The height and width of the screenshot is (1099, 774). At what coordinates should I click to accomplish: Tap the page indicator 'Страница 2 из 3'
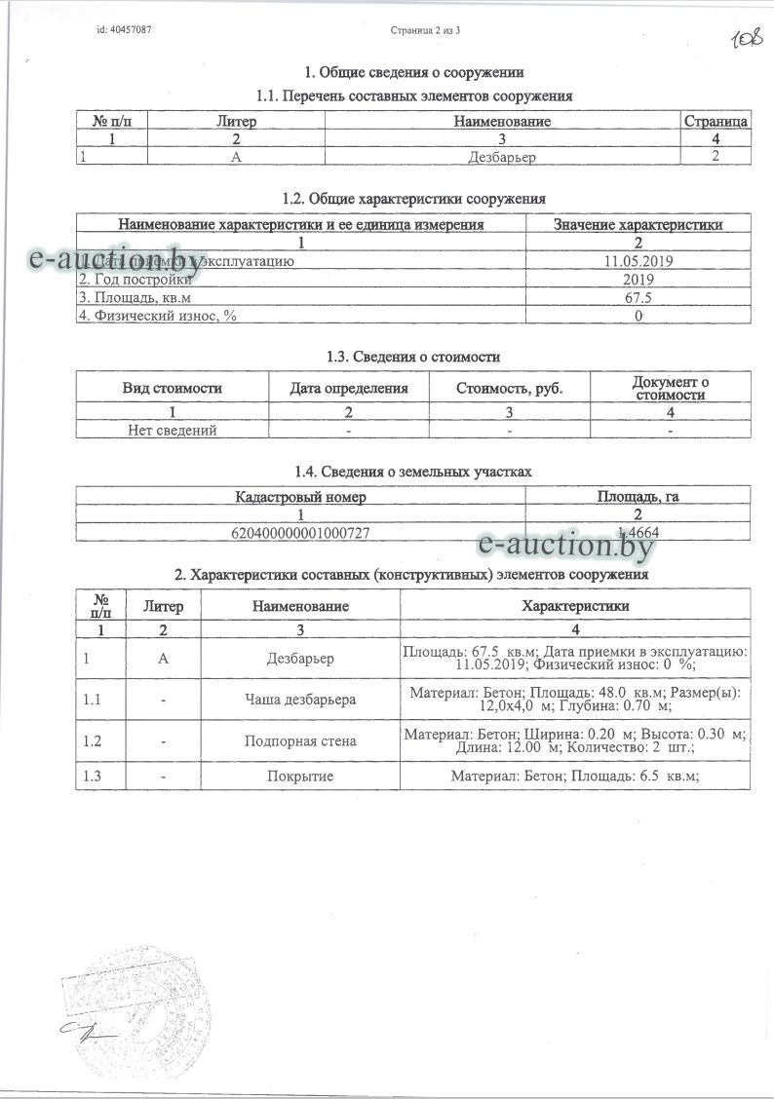tap(424, 31)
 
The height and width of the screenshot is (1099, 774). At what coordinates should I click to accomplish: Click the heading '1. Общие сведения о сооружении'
tap(415, 72)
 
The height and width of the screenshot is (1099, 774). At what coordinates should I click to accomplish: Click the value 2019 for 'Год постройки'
tap(638, 280)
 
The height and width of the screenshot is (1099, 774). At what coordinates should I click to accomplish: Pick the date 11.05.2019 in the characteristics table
tap(638, 262)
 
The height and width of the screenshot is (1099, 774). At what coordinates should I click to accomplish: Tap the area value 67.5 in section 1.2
tap(638, 297)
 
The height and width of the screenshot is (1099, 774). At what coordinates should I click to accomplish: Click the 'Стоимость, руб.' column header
tap(510, 388)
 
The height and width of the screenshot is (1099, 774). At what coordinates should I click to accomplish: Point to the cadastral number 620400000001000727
tap(301, 532)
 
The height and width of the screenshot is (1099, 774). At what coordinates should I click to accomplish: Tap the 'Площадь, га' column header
tap(638, 497)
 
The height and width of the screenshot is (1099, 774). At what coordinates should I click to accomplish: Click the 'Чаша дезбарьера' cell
tap(300, 699)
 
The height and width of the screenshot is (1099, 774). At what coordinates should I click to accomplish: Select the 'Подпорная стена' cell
tap(300, 740)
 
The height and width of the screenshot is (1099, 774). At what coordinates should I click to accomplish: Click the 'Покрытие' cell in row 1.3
tap(300, 777)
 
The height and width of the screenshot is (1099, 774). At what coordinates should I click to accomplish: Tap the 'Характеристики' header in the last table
tap(575, 605)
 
